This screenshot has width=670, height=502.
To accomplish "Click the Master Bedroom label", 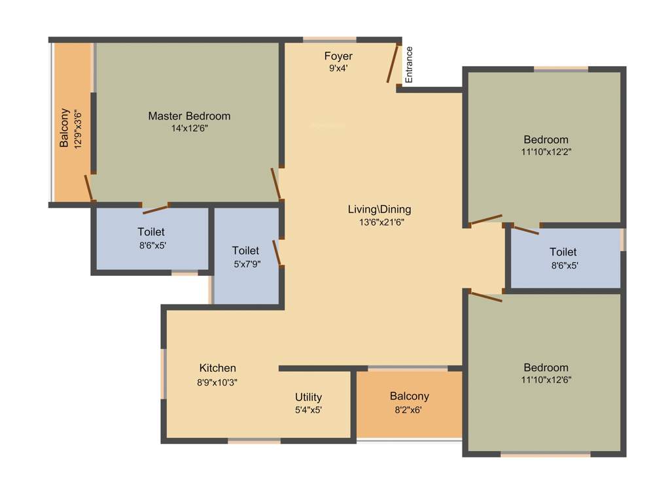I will [x=189, y=116].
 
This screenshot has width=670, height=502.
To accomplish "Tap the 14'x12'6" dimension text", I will [x=189, y=129].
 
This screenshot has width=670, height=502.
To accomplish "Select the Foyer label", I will [x=338, y=56].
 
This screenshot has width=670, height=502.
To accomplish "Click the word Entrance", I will [x=409, y=64].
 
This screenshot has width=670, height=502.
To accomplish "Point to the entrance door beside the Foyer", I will [x=393, y=63].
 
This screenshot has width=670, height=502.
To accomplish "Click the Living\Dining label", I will [x=379, y=209].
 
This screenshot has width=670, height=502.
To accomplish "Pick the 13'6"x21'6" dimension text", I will [x=379, y=222].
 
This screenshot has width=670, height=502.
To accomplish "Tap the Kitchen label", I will [x=217, y=368].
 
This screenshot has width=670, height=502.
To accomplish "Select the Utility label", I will [x=308, y=397].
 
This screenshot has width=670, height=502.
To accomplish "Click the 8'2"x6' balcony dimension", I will [x=409, y=410].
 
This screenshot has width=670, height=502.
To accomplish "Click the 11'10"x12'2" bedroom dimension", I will [x=546, y=152].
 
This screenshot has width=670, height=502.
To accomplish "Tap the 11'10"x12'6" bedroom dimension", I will [x=546, y=380].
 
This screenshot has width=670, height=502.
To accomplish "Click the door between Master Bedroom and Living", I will [x=277, y=184].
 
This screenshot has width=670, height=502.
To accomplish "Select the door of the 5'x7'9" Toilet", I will [x=278, y=253].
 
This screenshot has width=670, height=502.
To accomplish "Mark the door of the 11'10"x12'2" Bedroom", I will [x=485, y=220].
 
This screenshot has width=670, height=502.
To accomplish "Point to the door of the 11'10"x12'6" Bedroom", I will [x=485, y=295].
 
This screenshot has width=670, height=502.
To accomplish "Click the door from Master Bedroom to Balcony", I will [x=90, y=188].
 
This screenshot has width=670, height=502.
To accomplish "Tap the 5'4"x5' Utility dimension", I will [x=308, y=410].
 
